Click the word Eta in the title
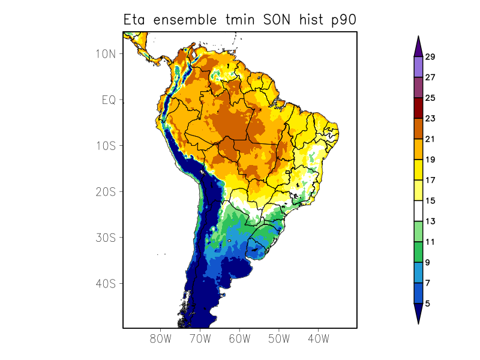point(136,20)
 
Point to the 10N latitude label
point(106,53)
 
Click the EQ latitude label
point(108,100)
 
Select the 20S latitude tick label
point(106,191)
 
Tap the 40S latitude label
point(106,283)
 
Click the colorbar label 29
point(430,57)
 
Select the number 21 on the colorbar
point(430,139)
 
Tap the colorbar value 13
point(430,221)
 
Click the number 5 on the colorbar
point(428,304)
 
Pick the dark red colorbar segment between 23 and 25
point(418,108)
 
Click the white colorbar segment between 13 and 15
point(418,211)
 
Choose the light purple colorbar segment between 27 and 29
point(418,67)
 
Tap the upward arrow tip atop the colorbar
point(418,37)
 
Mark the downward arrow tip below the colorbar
point(418,323)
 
